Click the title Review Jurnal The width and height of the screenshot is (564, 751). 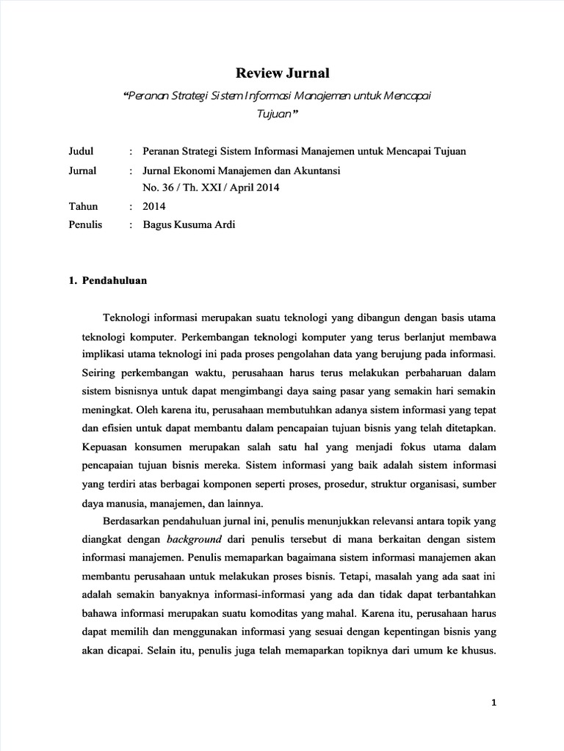click(x=282, y=73)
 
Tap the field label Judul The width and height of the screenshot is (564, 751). click(x=82, y=152)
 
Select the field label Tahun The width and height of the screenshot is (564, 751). click(x=83, y=207)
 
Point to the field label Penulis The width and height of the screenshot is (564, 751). click(x=85, y=225)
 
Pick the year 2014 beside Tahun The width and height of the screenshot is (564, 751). click(x=154, y=207)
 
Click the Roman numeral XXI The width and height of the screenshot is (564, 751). click(x=206, y=188)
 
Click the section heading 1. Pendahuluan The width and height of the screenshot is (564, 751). click(x=108, y=280)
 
